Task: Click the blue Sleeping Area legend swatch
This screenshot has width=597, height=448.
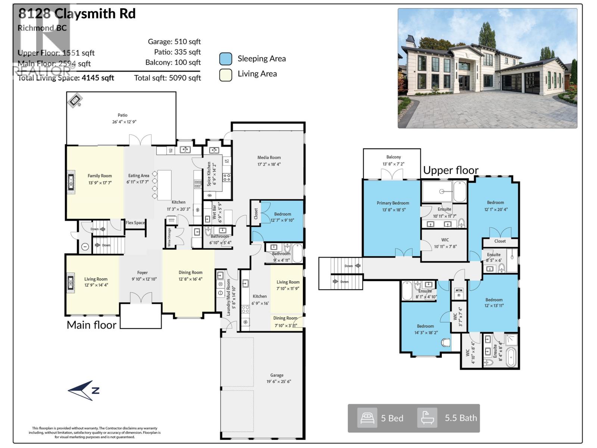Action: coord(225,59)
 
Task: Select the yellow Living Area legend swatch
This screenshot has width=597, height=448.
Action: coord(225,75)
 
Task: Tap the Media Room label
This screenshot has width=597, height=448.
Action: coord(269,158)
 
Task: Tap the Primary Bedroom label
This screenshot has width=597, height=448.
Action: coord(393,203)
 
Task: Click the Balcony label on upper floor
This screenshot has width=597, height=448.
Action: coord(393,157)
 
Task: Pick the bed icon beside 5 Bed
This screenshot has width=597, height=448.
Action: coord(367,418)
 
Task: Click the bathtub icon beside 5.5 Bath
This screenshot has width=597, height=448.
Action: coord(427,418)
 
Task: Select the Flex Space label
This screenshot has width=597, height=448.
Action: coord(135,223)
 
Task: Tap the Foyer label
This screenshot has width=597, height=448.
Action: coord(142,273)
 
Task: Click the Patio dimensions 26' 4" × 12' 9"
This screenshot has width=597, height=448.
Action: coord(124,122)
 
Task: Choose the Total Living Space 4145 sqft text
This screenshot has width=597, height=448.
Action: coord(66,78)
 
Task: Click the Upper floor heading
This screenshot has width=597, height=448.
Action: coord(450,171)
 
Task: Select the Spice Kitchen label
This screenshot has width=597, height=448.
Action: coord(209,174)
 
